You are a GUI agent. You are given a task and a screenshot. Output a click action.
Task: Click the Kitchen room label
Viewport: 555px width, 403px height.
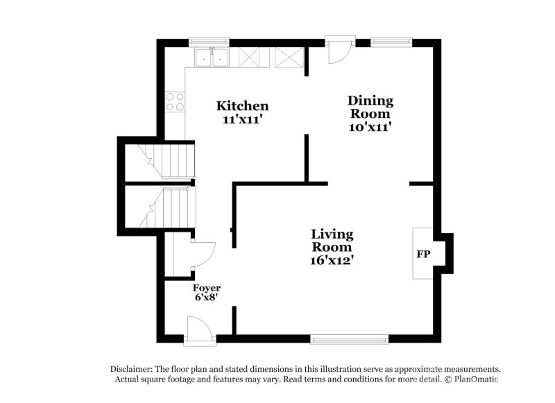point(242,106)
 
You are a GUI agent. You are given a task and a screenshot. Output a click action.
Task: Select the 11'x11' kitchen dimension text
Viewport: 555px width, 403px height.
point(242,119)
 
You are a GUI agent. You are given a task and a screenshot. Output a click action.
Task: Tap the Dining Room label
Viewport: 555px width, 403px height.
point(370,108)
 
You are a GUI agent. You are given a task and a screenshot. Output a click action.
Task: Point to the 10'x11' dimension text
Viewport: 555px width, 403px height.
point(370,127)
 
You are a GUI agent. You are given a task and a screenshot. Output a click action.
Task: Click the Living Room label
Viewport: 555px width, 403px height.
point(332,241)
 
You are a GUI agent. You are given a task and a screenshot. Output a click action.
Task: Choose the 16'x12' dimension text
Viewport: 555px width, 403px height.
point(332,260)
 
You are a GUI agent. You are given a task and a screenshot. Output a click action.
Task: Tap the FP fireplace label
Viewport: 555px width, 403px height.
point(422,255)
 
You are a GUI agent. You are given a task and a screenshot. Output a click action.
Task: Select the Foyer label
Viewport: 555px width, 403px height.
point(207,288)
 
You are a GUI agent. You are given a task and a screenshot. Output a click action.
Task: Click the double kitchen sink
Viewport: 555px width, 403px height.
point(212,58)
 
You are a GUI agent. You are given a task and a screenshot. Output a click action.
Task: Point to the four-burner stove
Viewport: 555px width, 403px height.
point(176,103)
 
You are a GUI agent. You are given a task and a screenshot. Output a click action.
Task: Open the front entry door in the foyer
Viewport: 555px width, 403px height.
point(200,329)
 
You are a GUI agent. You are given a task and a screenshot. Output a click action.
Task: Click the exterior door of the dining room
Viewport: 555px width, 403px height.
point(341,51)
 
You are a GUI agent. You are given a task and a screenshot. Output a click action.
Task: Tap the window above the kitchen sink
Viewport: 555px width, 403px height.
point(210,42)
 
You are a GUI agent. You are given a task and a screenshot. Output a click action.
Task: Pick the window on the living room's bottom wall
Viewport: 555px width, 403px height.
point(348,339)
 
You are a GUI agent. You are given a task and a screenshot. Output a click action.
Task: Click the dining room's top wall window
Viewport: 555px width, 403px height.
point(391,42)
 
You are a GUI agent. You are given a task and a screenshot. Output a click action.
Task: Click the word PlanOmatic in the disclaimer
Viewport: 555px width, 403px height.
point(475,379)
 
